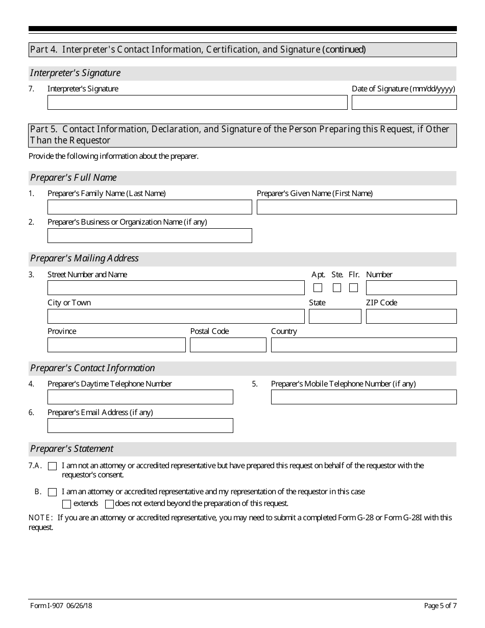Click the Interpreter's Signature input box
coord(197,103)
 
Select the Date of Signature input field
coord(404,103)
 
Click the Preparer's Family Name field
coord(150,207)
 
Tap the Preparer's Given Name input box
coord(356,207)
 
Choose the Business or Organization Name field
coord(150,236)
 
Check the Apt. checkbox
coord(318,288)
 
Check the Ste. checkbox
coord(337,288)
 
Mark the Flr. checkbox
coord(353,288)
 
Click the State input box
coord(335,317)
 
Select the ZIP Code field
coord(411,317)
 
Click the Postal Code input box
coord(228,345)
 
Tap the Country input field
coord(363,345)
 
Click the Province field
coord(116,345)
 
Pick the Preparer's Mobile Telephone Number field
coord(363,397)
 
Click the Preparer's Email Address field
coord(140,426)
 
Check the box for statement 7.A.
coord(52,466)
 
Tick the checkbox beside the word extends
coord(66,504)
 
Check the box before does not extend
coord(109,504)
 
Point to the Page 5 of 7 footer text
coord(440,606)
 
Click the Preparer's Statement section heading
coord(72,449)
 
